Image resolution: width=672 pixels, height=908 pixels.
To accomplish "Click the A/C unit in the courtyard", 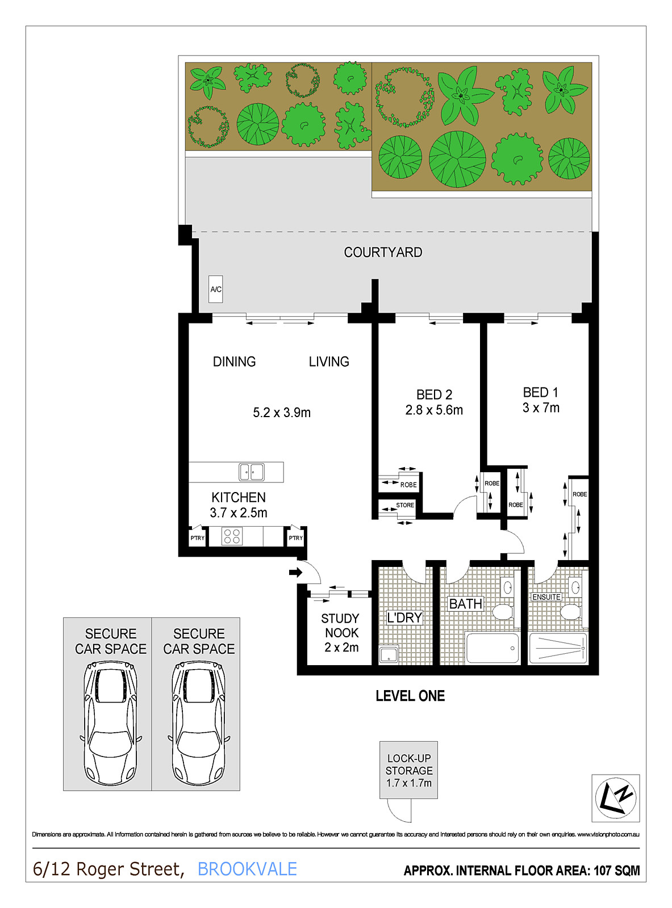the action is pos(215,289).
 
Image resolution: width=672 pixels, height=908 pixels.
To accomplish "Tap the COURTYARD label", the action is pos(383,252).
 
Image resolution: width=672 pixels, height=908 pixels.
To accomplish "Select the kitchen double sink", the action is pos(252,472).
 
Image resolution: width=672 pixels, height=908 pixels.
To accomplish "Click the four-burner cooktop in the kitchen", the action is pos(232,536).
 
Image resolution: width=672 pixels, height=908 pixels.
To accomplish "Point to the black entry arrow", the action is pos(295,572).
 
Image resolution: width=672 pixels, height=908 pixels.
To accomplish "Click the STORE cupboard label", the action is pos(405,505).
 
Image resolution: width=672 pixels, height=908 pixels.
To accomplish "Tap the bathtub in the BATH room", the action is pos(492,648).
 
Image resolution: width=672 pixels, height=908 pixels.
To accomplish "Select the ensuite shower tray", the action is pos(558,648).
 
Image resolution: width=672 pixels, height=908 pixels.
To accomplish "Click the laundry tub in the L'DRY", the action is pos(389,654).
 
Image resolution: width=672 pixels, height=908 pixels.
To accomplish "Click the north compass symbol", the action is pos(615,798).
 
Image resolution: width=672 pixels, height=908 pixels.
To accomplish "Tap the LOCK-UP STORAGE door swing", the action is pos(399,811).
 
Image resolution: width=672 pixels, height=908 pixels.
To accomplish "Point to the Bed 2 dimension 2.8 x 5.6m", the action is pos(434,410).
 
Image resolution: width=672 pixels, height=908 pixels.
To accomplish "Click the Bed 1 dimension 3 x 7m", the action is pos(541,407).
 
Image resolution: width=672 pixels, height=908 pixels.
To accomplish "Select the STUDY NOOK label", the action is pos(340,625).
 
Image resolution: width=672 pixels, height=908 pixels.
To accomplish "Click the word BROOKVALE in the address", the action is pos(247,869).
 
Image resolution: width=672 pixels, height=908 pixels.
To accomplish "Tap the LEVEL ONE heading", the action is pos(410,696).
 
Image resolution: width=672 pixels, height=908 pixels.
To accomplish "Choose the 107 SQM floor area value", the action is pos(617,871).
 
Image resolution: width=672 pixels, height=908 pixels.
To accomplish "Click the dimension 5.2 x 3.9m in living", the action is pos(282,413).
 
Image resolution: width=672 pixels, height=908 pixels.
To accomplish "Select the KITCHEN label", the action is pos(239,497).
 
